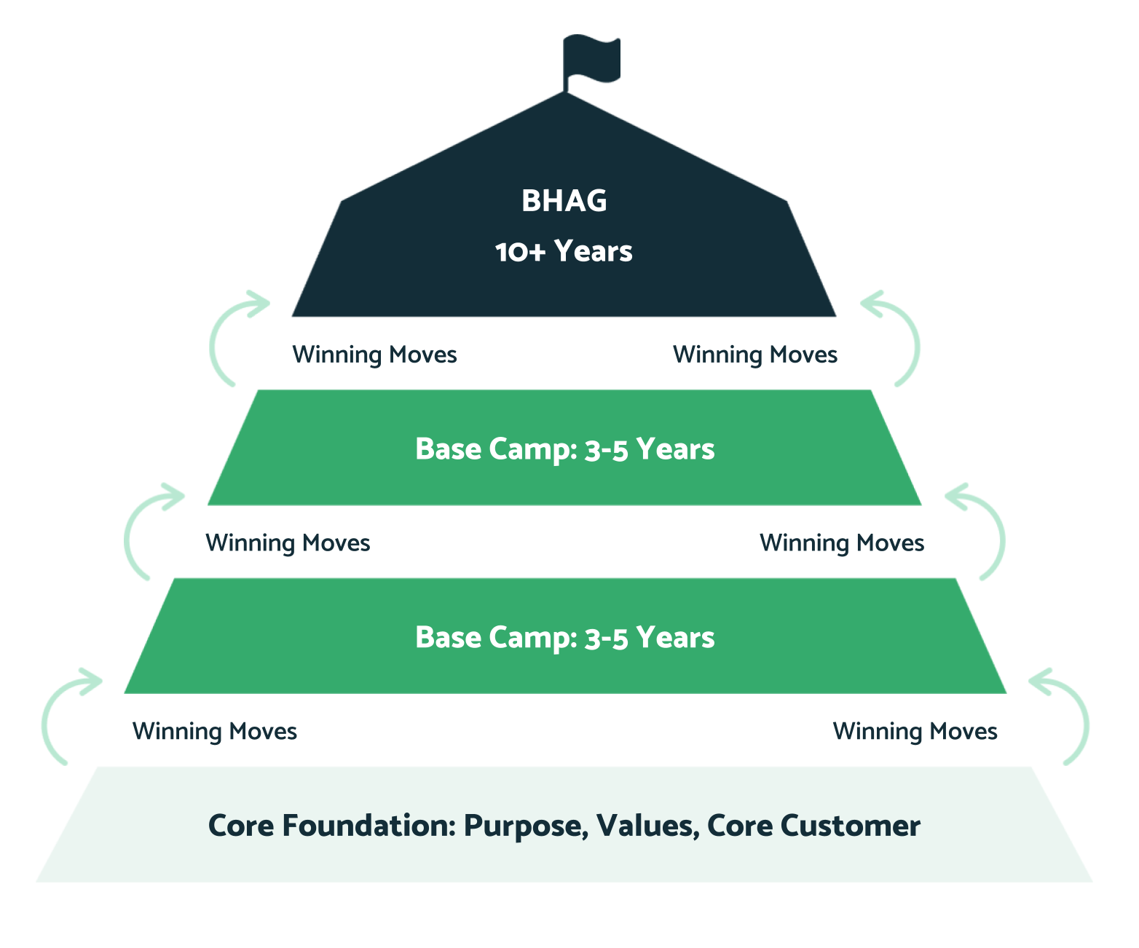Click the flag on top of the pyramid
click(x=592, y=58)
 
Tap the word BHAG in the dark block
click(x=564, y=201)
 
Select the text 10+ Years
click(x=564, y=252)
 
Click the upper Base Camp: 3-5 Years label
click(x=564, y=449)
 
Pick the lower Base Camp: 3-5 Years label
click(x=564, y=638)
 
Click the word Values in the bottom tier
click(x=643, y=826)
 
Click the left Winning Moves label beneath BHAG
click(x=374, y=355)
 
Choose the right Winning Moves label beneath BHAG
click(x=754, y=355)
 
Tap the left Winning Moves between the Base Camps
click(x=288, y=543)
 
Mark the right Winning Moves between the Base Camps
click(x=841, y=543)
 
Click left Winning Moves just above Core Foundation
click(x=214, y=731)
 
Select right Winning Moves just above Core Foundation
click(x=915, y=731)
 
